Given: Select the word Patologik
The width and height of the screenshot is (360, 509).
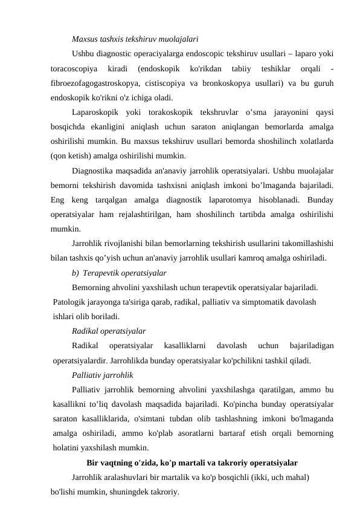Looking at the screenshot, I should click(69, 301).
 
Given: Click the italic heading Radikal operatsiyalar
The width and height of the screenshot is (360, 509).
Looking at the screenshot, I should click(108, 331).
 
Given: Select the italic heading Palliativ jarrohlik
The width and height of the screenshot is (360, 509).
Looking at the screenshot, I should click(102, 375).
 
